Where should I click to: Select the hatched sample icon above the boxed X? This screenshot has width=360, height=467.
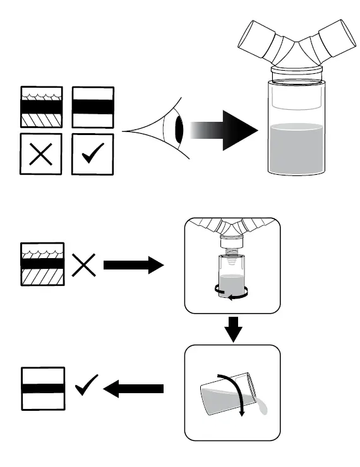coord(41,108)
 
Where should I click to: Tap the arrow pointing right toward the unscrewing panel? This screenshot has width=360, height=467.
coord(133,265)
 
